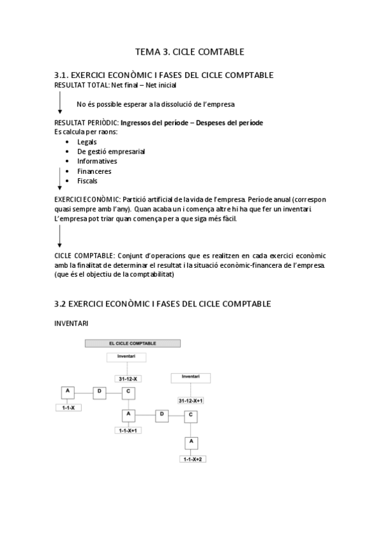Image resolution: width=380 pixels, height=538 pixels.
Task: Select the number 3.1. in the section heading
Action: coord(65,75)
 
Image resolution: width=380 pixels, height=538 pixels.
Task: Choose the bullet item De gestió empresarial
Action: coord(110,152)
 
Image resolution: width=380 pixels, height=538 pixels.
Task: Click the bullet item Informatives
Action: coord(96,161)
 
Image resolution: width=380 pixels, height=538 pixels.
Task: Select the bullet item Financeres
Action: coord(94,171)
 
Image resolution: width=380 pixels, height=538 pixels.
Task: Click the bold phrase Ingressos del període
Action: coord(153,122)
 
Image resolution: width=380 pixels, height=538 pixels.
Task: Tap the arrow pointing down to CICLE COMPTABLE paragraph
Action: coord(60,236)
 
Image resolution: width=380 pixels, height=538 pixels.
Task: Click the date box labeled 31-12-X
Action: coord(128,378)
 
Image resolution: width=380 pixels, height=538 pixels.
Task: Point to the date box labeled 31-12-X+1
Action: coord(190,401)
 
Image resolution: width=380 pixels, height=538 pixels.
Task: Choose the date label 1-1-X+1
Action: coord(129,430)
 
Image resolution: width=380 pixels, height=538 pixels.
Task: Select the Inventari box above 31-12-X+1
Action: coord(190,377)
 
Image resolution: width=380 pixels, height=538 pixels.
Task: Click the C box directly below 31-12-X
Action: coord(128,392)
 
